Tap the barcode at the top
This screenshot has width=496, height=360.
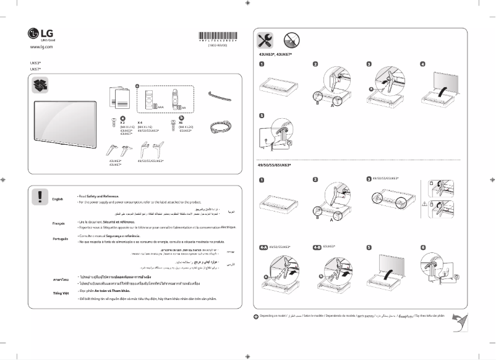coord(218,35)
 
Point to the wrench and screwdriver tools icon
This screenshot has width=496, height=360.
coord(265,41)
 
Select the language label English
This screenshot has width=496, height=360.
coord(58,199)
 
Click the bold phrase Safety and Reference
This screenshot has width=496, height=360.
coord(105,195)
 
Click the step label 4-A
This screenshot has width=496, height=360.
coord(262,246)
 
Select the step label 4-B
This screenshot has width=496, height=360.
coord(317,246)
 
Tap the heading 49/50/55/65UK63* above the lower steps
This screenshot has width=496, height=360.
coord(274,165)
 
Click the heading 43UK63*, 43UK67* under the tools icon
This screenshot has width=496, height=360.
coord(275,55)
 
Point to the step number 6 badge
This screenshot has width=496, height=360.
coord(423,247)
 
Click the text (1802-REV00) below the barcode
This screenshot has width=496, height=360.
coord(218,45)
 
